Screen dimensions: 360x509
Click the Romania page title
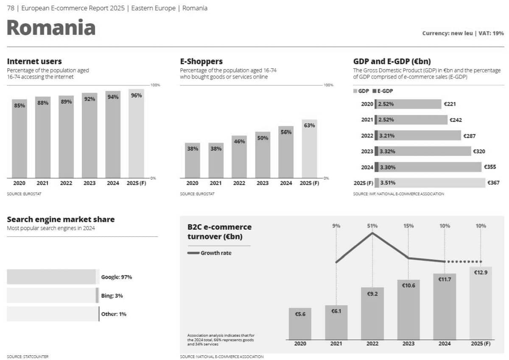(51, 28)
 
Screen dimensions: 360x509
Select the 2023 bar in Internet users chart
(89, 136)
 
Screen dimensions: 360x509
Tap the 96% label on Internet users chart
(136, 96)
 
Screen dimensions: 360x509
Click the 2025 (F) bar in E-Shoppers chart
(309, 149)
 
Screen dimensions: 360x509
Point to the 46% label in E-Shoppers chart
(239, 141)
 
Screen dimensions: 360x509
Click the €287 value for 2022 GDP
(470, 136)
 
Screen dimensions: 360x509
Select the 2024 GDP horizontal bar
(428, 167)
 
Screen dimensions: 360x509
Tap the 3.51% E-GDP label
(388, 183)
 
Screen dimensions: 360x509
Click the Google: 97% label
(117, 277)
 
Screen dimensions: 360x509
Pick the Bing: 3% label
(112, 296)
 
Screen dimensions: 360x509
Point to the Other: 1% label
(114, 315)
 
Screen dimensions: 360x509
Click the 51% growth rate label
(372, 226)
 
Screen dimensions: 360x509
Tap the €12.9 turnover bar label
(481, 273)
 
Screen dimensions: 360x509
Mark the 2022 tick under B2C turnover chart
(372, 343)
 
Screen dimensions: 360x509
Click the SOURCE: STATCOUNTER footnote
(28, 357)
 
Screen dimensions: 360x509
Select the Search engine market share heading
(61, 219)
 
